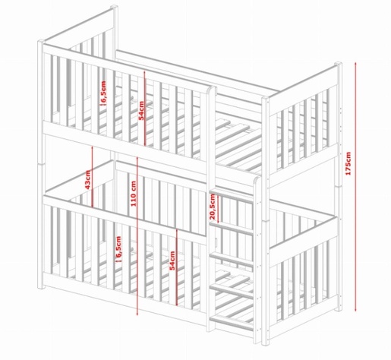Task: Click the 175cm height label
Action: pos(348,163)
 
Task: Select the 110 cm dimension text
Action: pos(134,194)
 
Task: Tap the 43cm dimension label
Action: pos(87,180)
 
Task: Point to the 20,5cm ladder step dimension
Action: pos(212,207)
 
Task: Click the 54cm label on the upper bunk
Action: pos(141,110)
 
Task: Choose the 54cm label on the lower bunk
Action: pos(172,261)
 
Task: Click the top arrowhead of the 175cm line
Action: pos(355,64)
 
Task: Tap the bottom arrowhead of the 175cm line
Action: pos(355,309)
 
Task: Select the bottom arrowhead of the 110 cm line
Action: pos(137,313)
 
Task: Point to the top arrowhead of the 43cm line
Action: pos(92,147)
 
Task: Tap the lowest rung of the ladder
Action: pos(232,323)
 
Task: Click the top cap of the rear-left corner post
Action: pos(115,7)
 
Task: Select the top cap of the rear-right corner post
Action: pos(339,64)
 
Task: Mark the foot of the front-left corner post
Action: pos(40,287)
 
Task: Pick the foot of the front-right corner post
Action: pos(265,343)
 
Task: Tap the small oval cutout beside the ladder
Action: pos(216,242)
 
